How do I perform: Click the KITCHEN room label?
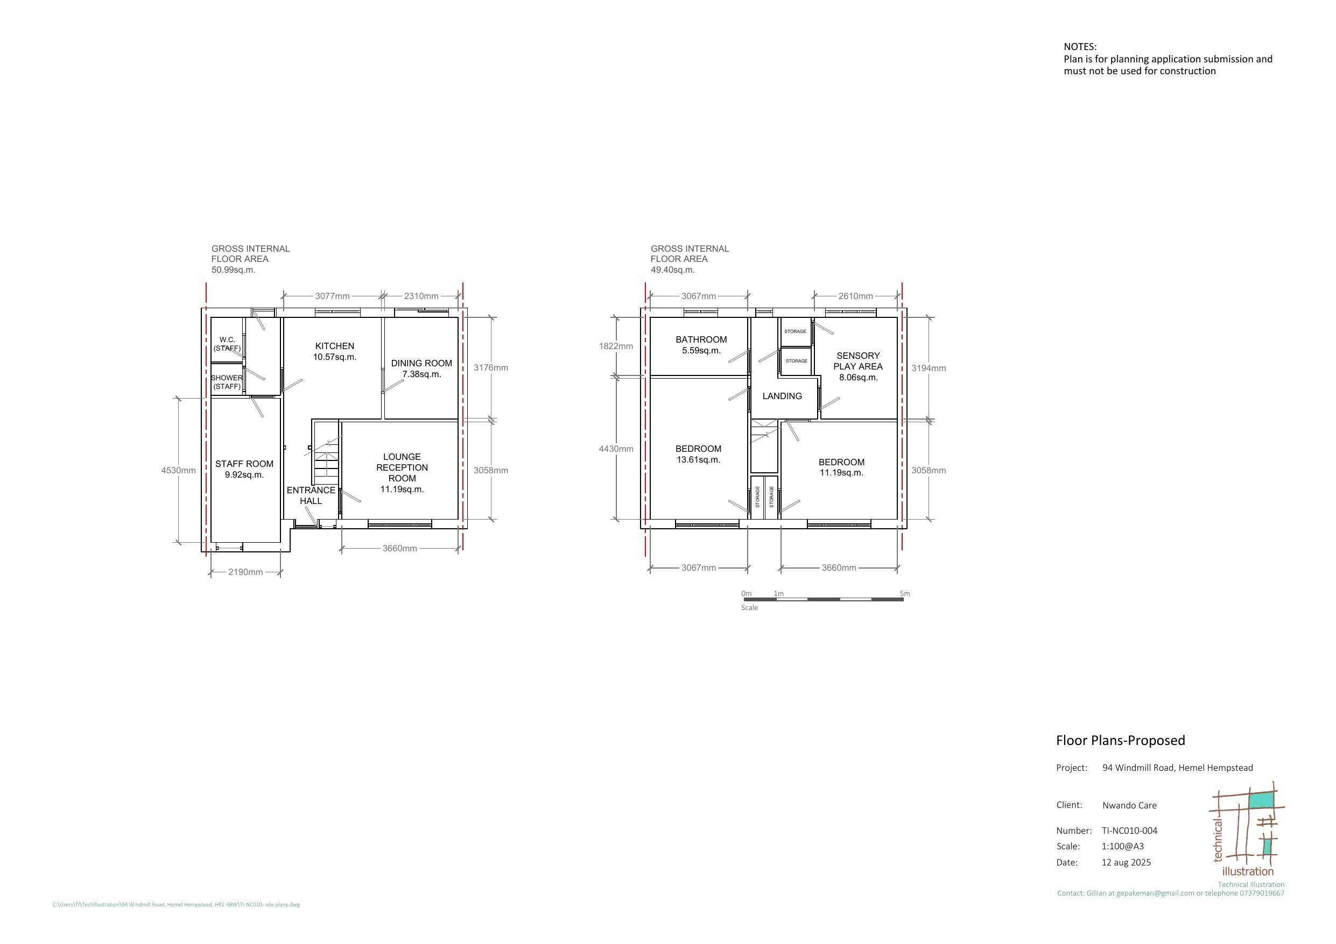pyautogui.click(x=335, y=351)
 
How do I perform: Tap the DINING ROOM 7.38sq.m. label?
pyautogui.click(x=421, y=368)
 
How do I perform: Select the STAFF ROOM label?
pyautogui.click(x=244, y=469)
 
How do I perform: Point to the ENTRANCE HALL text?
pyautogui.click(x=311, y=495)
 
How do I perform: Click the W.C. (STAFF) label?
pyautogui.click(x=227, y=344)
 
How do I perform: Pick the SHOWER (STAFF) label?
pyautogui.click(x=227, y=381)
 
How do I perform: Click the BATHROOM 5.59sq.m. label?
pyautogui.click(x=701, y=345)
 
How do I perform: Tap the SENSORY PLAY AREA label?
pyautogui.click(x=857, y=366)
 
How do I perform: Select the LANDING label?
pyautogui.click(x=782, y=395)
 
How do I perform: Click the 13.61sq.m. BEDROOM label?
pyautogui.click(x=698, y=453)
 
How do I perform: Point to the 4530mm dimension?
pyautogui.click(x=178, y=470)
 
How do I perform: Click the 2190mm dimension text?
pyautogui.click(x=245, y=572)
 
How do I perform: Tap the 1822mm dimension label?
pyautogui.click(x=616, y=346)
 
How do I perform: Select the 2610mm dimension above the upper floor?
pyautogui.click(x=855, y=296)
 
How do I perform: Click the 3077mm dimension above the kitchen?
pyautogui.click(x=332, y=296)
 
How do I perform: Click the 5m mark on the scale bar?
pyautogui.click(x=904, y=594)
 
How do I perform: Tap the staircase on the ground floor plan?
pyautogui.click(x=326, y=453)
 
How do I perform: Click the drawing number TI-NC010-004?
pyautogui.click(x=1129, y=831)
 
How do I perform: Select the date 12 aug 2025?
pyautogui.click(x=1126, y=862)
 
